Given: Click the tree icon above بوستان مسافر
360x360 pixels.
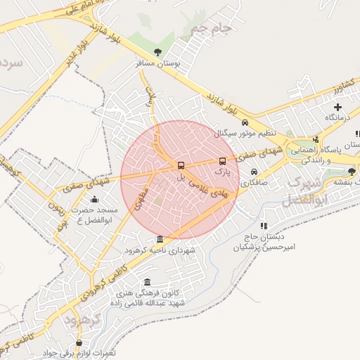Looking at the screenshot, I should coord(157,52).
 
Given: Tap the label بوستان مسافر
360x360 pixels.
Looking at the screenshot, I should coord(158,63).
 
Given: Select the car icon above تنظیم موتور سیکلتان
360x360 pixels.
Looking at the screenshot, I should coord(245,122).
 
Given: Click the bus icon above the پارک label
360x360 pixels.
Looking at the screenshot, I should coord(223,161).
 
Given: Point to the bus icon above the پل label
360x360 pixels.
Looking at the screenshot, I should coord(181,166).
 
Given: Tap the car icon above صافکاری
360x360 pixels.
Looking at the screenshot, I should coord(254,172).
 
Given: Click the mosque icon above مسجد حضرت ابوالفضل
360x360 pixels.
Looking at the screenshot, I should coord(95,200).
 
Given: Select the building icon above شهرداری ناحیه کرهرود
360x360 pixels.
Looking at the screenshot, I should coord(160,239).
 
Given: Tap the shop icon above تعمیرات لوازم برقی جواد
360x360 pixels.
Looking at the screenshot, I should coord(78,343).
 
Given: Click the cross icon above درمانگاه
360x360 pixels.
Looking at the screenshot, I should coord(337,107).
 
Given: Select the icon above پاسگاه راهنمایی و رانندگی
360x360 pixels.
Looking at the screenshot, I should coord(316,139).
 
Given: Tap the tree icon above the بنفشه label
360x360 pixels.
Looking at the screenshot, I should coord(352,171).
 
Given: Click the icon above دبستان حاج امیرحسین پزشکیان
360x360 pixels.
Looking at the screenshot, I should coord(264,226).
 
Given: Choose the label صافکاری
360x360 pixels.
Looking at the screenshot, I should coord(254,182).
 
